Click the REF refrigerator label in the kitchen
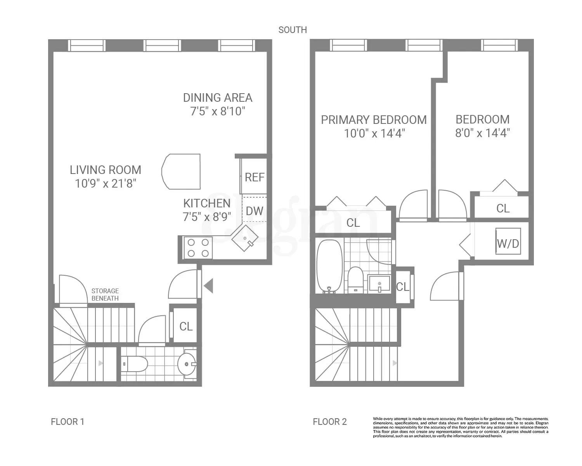[254, 177]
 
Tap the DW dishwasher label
[255, 211]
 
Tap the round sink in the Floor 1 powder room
[187, 364]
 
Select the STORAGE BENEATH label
[105, 294]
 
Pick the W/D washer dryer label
[508, 243]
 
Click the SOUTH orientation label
[293, 30]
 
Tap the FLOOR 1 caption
[68, 422]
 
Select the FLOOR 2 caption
[330, 422]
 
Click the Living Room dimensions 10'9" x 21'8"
[106, 183]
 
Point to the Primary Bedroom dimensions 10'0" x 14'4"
[374, 134]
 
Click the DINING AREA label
[218, 97]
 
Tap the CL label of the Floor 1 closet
[186, 326]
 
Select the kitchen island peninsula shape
[182, 172]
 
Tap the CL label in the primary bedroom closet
[353, 223]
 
